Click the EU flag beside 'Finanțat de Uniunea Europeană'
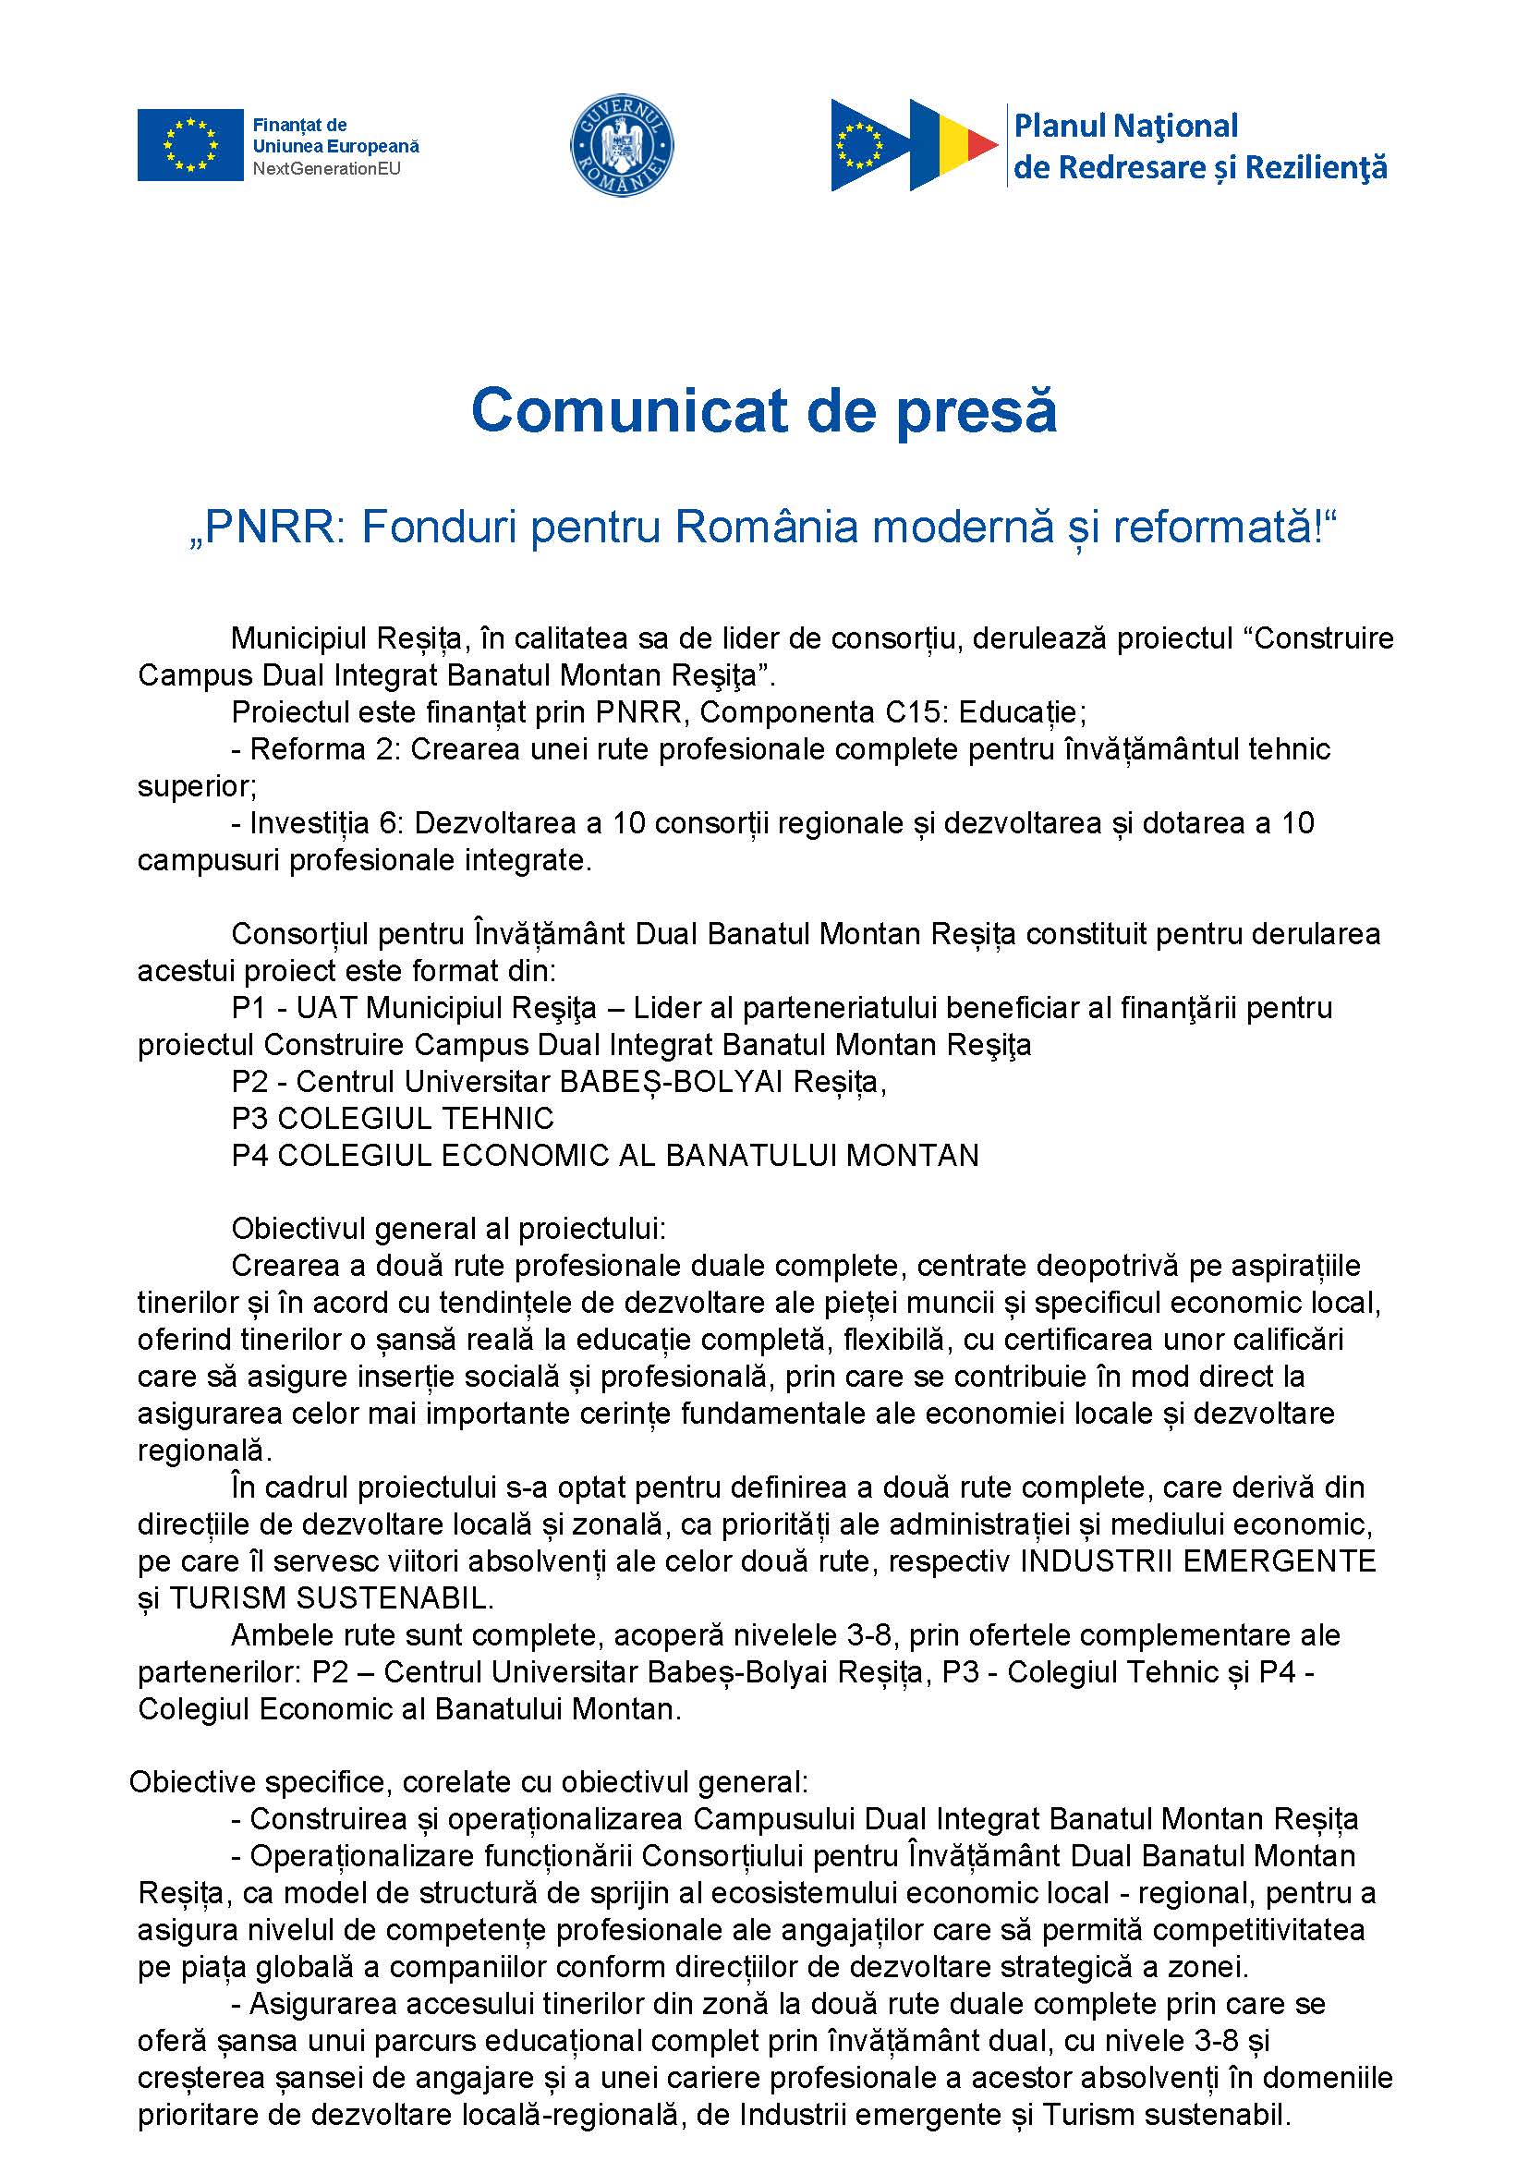tap(190, 145)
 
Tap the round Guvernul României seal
tap(623, 146)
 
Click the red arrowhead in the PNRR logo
tap(982, 144)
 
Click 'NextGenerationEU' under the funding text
tap(326, 169)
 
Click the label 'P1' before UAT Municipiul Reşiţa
tap(249, 1009)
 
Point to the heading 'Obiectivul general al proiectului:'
tap(448, 1229)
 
